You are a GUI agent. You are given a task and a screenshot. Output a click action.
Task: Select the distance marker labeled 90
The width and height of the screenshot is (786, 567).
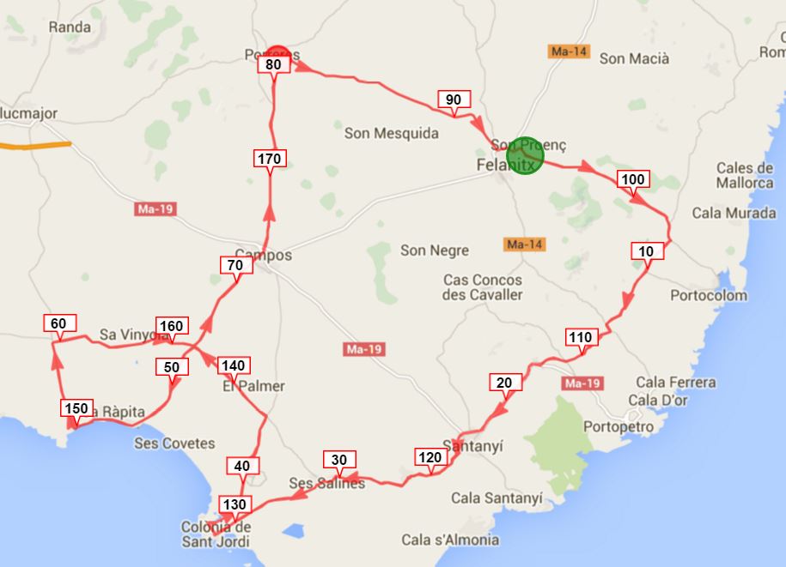pos(454,100)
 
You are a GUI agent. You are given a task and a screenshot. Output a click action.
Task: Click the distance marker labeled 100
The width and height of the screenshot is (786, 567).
pos(632,179)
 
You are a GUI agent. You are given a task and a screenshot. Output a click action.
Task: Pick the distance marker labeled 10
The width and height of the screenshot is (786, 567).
pos(647,251)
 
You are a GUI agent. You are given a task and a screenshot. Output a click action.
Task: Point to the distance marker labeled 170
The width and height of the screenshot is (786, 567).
pos(270,159)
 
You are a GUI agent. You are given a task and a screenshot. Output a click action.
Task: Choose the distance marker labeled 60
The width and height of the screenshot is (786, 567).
pos(58,323)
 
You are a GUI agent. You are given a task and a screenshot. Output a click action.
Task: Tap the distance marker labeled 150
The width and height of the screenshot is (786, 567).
pos(76,408)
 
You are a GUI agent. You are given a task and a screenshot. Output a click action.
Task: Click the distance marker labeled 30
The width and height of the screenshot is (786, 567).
pos(338,460)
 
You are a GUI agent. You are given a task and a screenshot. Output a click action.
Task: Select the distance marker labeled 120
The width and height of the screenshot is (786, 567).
pos(430,457)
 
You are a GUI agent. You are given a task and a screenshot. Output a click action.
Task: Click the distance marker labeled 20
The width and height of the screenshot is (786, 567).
pos(503,383)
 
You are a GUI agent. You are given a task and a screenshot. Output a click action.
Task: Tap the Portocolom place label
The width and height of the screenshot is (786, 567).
pos(710,296)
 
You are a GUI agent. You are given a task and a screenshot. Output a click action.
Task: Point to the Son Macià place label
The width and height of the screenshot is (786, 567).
pos(634,58)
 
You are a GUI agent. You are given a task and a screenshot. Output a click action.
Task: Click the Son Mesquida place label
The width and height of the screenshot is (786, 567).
pos(391,133)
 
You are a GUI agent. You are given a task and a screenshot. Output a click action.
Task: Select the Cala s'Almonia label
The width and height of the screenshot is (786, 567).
pos(450,540)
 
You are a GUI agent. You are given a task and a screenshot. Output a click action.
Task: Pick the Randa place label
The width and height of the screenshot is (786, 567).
pos(70,27)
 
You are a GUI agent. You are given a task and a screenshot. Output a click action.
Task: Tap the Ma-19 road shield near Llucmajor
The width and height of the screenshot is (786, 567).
pos(155,209)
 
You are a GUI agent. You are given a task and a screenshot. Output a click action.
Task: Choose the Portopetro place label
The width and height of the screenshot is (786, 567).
pos(618,426)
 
